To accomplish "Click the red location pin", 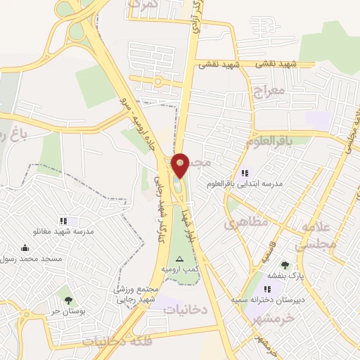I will tap(181, 165).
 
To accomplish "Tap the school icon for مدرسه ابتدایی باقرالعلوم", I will tap(245, 173).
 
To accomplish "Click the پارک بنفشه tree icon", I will tap(284, 265).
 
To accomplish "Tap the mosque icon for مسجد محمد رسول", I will tap(25, 247).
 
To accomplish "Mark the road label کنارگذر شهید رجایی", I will tap(159, 197).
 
